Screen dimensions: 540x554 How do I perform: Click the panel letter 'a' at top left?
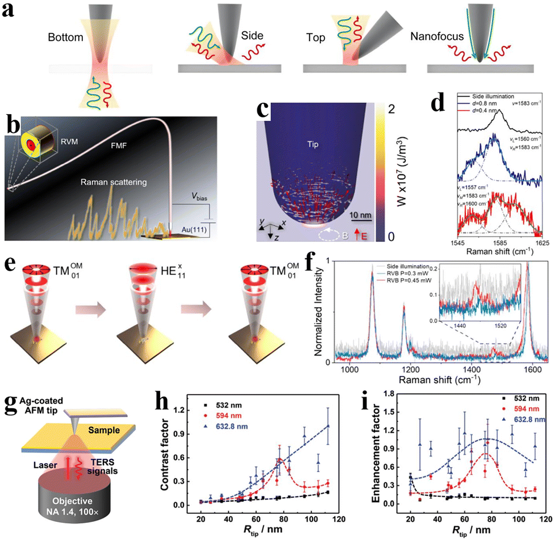(x=10, y=12)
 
